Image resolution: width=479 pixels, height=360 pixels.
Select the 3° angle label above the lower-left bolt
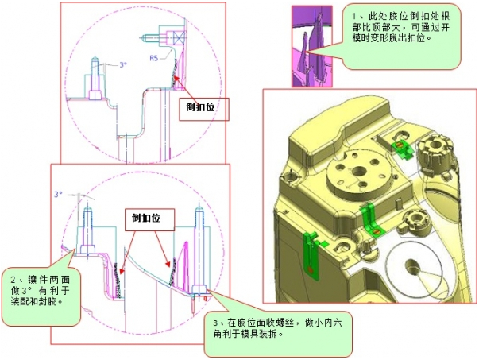point(57,193)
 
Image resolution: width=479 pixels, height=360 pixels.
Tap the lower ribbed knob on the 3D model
point(417,219)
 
